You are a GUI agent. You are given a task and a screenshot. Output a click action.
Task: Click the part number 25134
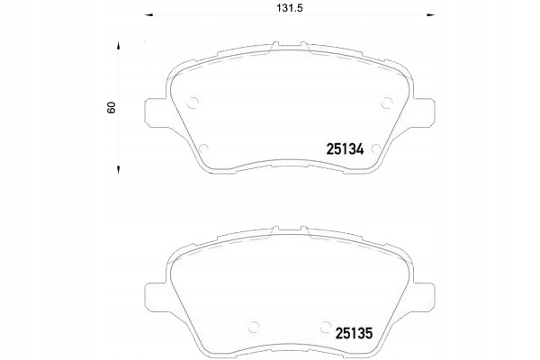click(x=344, y=150)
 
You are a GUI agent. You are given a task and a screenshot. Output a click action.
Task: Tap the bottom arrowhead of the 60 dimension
click(x=118, y=170)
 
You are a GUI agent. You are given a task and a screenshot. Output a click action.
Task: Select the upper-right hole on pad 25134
click(x=386, y=101)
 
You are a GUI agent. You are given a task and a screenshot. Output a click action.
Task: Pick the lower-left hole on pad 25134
click(x=202, y=149)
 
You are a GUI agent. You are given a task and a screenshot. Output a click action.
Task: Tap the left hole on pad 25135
click(x=254, y=327)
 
